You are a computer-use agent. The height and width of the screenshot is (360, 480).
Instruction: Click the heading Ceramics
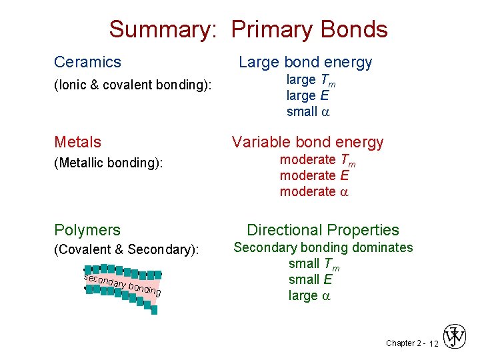87,62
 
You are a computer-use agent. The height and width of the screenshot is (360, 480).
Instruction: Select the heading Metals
77,142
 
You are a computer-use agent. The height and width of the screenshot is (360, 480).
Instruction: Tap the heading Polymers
87,230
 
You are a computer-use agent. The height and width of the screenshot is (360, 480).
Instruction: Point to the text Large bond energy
305,62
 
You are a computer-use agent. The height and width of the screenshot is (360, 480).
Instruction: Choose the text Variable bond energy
307,142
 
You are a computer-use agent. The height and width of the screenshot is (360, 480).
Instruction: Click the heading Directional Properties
323,230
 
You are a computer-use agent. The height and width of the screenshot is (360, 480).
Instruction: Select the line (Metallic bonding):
109,163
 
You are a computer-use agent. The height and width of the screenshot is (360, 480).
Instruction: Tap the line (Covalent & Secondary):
127,250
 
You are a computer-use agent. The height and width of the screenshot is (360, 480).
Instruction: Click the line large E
307,95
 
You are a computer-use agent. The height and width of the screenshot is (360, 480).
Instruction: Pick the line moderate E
314,175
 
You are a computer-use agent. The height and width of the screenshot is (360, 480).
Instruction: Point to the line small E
310,279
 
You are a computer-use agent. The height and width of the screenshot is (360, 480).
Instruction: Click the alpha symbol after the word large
326,295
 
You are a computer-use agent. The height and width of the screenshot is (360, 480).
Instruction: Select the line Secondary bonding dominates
322,247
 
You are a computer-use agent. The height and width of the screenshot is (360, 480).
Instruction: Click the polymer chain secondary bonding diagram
122,288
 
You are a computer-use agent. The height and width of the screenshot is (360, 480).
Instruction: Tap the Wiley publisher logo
455,337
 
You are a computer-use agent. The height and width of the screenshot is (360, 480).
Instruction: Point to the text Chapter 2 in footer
403,343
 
